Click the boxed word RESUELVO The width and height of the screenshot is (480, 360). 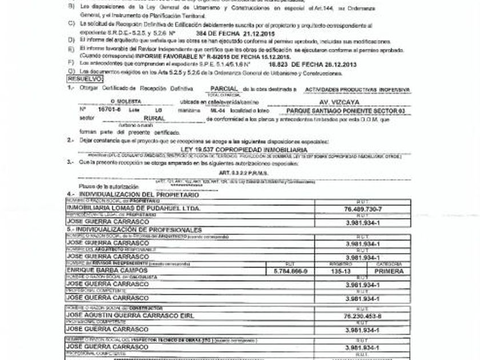[85, 78]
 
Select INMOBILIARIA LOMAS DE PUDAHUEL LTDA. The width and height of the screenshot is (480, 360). [134, 209]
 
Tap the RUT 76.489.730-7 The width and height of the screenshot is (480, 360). [363, 209]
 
